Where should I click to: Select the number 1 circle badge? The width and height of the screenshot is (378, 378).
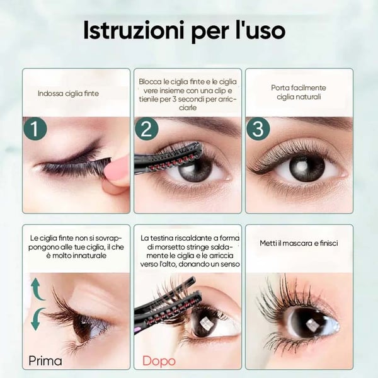click(x=35, y=129)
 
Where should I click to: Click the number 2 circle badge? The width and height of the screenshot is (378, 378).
click(x=146, y=129)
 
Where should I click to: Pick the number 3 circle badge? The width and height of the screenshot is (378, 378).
click(x=258, y=129)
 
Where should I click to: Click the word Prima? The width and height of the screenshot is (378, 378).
click(x=45, y=361)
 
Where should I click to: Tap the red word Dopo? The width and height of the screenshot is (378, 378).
click(x=159, y=361)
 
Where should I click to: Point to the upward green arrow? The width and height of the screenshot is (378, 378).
click(x=37, y=290)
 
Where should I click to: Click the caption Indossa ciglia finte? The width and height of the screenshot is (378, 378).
click(x=68, y=94)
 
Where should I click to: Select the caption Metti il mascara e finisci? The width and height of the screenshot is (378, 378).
click(x=298, y=243)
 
